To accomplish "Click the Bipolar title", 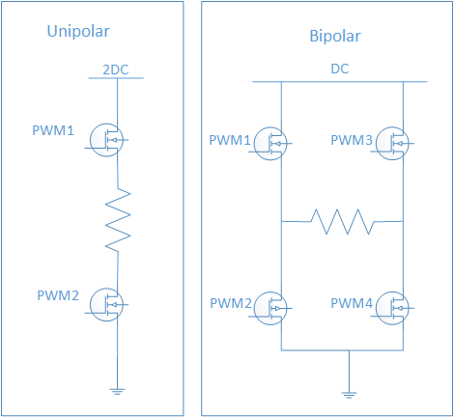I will coord(336,39).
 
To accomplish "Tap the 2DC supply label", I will coord(117,69).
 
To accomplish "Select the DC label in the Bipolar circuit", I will coord(340,70).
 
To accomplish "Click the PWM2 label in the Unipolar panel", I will coord(58,294).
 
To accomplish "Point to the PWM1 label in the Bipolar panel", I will coord(230,140).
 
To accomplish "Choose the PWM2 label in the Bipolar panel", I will coord(230,304).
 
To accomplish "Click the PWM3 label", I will coord(352,140).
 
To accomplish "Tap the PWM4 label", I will coord(352,304).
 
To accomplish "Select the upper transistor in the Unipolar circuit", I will coord(108,140).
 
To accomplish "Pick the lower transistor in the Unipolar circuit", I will coord(108,304).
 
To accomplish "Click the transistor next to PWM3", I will coord(394,143).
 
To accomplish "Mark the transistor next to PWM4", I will coord(394,307).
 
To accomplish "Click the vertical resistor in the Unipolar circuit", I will coord(117,220).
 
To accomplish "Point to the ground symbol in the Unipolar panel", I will coord(117,390).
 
